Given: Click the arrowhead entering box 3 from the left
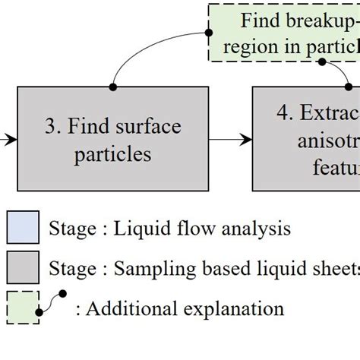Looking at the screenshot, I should coord(11,140).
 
